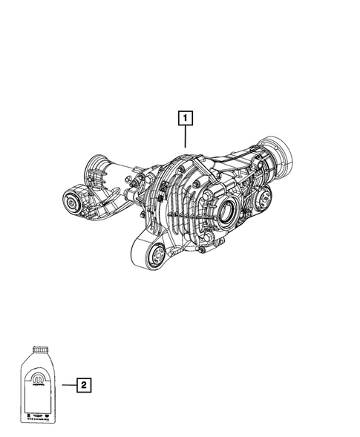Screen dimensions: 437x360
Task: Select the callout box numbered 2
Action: pos(84,384)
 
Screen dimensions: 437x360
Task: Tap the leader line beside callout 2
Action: pos(68,384)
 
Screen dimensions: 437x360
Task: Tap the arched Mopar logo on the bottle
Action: pos(36,381)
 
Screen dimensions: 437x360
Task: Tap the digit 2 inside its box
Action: pos(84,384)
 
